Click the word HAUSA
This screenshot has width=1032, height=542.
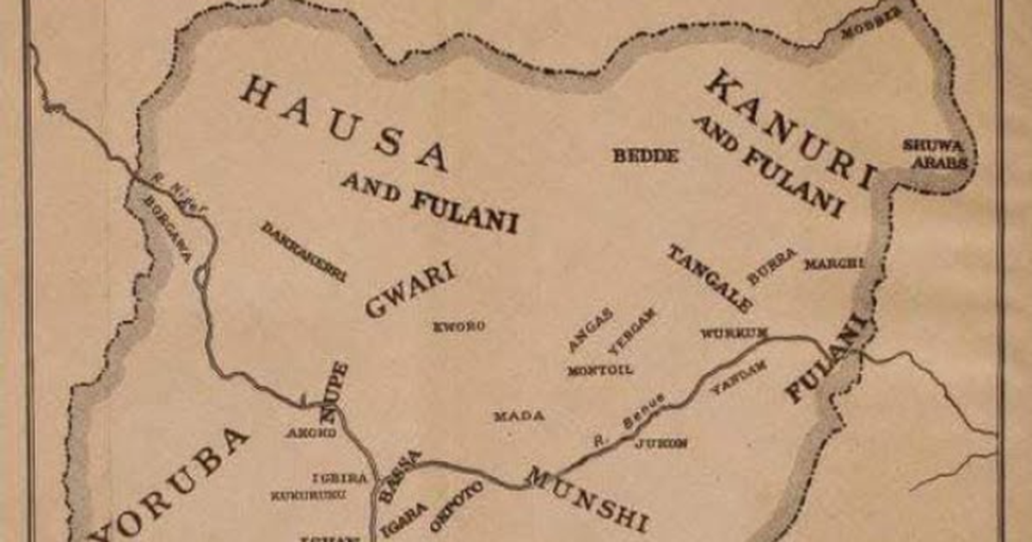pos(343,120)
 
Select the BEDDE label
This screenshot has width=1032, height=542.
pos(646,156)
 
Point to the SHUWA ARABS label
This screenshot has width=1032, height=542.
pos(934,153)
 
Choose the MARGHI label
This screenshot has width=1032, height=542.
pos(832,264)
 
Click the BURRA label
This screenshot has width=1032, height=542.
pos(771,266)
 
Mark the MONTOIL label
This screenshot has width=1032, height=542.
pos(600,371)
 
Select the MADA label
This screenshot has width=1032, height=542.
pos(519,416)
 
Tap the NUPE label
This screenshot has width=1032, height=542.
pos(334,391)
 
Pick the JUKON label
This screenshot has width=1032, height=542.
pos(660,444)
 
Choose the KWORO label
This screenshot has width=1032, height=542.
pos(459,326)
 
